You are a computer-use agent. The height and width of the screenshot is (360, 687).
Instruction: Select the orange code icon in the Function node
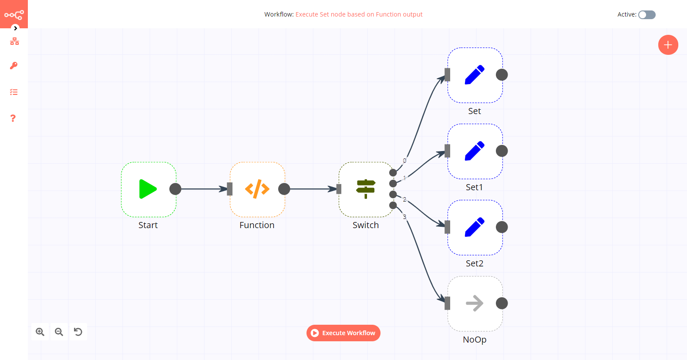(257, 189)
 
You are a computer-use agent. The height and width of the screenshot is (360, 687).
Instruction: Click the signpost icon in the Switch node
(366, 189)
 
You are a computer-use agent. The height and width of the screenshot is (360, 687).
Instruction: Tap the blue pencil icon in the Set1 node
(475, 151)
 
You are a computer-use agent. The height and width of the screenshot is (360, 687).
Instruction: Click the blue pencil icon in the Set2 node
(475, 227)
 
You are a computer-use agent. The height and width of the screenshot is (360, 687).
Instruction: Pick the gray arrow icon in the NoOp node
(475, 303)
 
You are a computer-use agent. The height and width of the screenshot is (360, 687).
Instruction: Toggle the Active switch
(647, 15)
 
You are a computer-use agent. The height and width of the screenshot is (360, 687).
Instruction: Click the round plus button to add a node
(668, 45)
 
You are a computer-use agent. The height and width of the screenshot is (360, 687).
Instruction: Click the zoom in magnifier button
(40, 332)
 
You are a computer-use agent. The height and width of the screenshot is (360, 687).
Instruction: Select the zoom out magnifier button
(59, 332)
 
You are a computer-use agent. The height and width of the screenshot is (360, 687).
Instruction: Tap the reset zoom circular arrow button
(78, 332)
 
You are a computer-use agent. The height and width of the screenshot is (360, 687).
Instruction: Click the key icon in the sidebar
(14, 66)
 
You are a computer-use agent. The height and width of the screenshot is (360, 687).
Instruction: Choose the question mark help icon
(13, 118)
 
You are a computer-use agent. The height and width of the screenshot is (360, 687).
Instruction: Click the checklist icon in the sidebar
(14, 92)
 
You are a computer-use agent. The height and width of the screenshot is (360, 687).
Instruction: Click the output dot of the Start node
(175, 189)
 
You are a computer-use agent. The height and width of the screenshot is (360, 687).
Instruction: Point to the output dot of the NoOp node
(502, 303)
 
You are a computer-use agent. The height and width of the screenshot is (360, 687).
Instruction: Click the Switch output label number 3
(404, 217)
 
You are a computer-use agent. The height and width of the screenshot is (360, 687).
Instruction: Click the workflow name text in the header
(359, 14)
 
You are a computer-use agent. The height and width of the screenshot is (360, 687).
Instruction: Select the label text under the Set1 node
(475, 187)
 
